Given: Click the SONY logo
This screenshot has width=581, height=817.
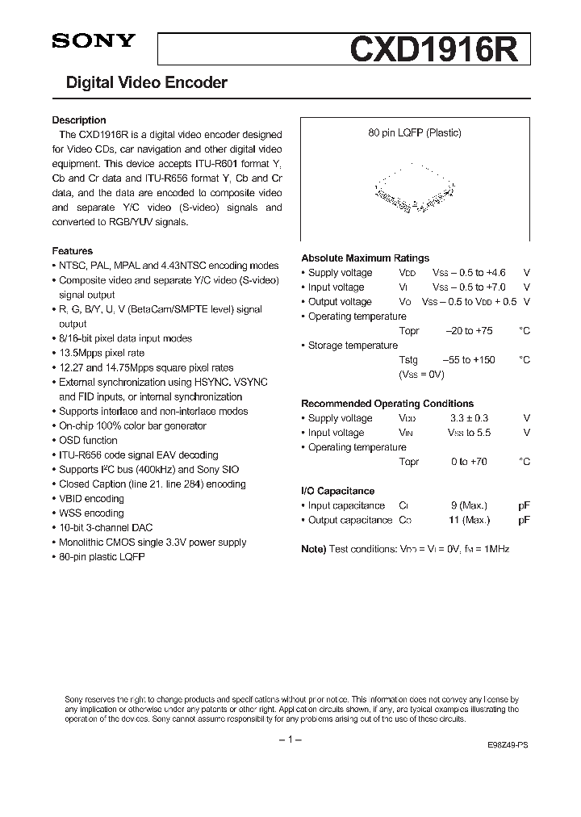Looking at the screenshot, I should (x=94, y=43).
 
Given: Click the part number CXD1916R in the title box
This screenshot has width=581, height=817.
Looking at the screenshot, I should (x=439, y=49).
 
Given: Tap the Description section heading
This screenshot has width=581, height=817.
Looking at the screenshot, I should (x=79, y=120).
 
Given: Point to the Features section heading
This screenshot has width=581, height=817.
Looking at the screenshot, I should (x=73, y=251).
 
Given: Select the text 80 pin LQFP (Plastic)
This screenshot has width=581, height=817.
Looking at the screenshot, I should (x=415, y=133).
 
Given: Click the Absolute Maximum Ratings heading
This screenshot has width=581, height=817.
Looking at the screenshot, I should (x=365, y=258).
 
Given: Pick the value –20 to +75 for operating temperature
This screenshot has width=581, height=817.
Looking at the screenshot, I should (x=470, y=331).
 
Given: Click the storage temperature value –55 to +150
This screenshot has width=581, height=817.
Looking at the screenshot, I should (x=469, y=360).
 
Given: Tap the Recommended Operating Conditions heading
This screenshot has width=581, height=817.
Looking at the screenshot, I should (x=387, y=404).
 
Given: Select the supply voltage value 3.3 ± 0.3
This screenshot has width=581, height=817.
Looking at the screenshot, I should (x=469, y=418).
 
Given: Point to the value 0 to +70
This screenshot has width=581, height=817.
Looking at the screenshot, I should (x=469, y=462).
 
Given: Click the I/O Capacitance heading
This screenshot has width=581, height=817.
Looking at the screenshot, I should (x=337, y=491).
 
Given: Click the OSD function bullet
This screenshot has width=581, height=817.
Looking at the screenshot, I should (x=88, y=440).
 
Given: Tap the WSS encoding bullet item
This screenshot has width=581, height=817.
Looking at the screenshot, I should (x=91, y=513).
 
